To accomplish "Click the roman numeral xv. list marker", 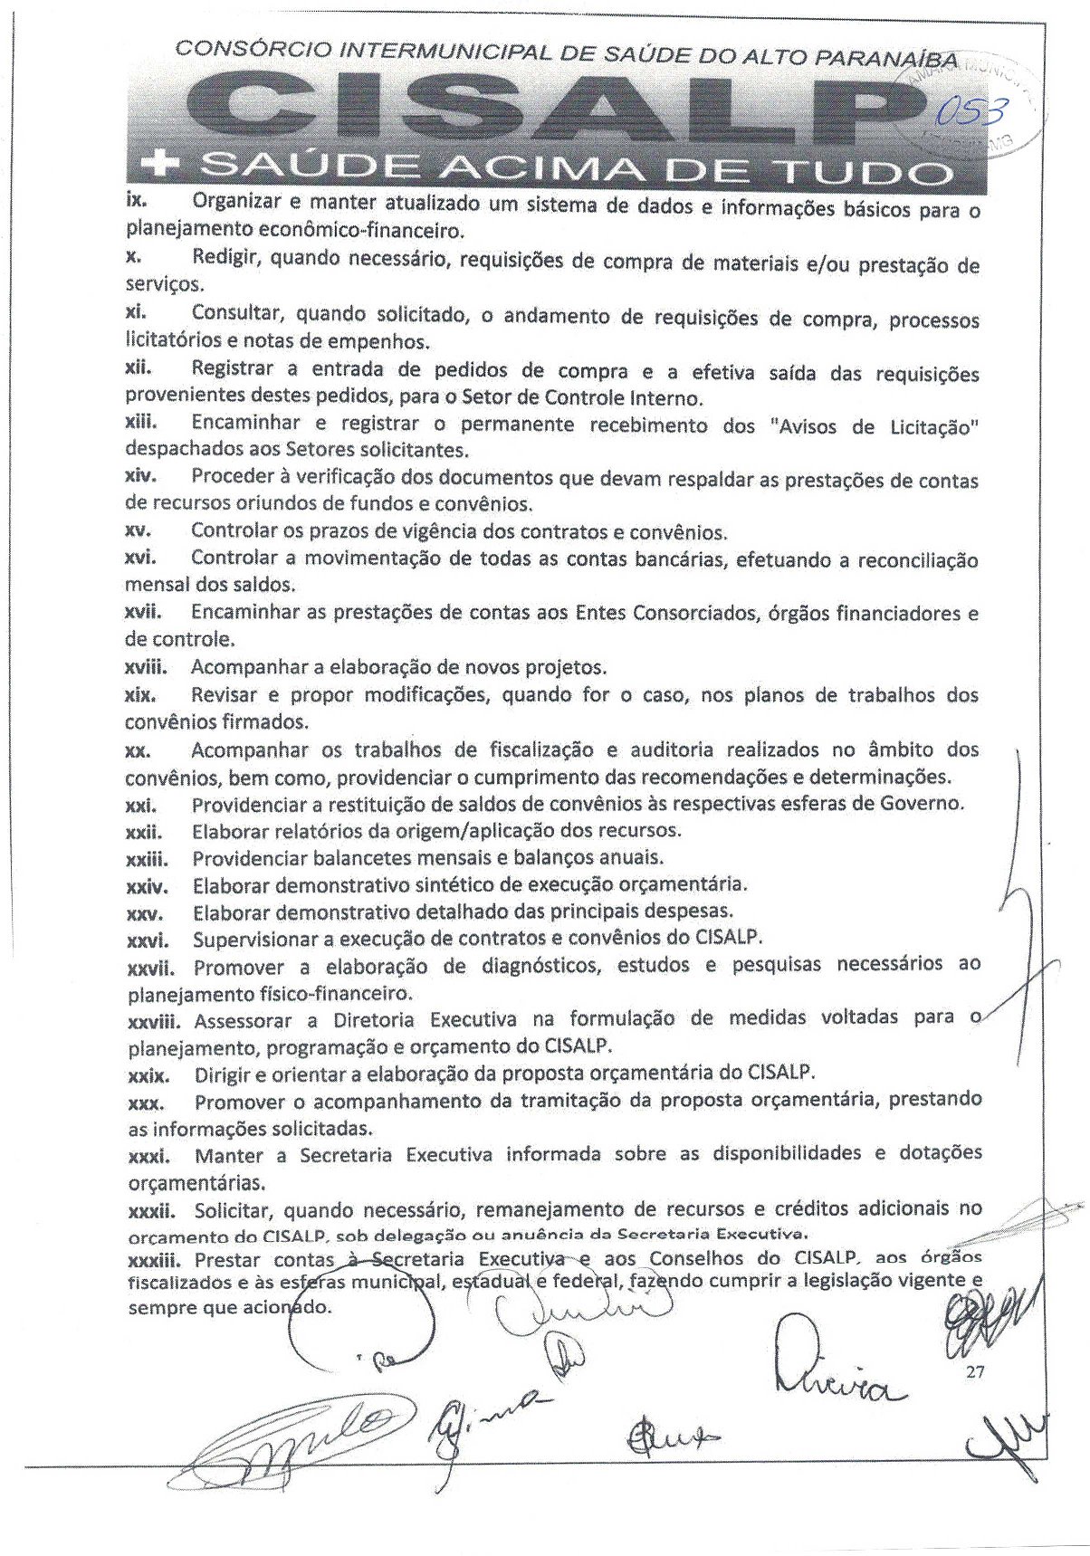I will pyautogui.click(x=138, y=530).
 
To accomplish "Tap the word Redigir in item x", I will pyautogui.click(x=226, y=259).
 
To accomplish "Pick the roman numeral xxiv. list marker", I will pyautogui.click(x=147, y=884).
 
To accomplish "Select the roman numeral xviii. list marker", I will pyautogui.click(x=148, y=668).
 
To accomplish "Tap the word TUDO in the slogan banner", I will pyautogui.click(x=871, y=169).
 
